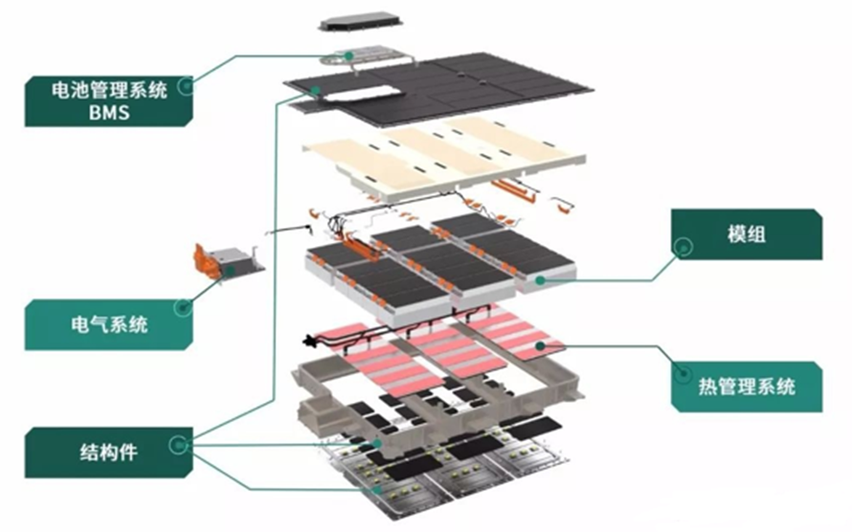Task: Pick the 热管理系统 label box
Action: [747, 387]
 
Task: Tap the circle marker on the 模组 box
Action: [683, 246]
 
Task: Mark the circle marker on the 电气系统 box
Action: [182, 308]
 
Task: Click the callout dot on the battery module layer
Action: [542, 280]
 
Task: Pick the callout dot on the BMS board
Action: [351, 56]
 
